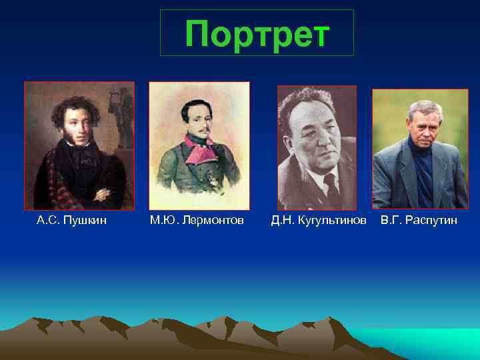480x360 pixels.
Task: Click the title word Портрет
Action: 257,33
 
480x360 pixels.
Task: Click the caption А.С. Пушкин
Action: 71,220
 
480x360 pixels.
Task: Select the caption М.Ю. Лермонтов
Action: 197,220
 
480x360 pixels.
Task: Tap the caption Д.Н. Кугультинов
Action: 319,220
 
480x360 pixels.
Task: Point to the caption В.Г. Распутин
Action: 419,220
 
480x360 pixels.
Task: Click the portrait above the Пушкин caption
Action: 79,145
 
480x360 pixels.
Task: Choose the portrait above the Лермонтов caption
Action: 199,145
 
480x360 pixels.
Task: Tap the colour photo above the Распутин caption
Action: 420,148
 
